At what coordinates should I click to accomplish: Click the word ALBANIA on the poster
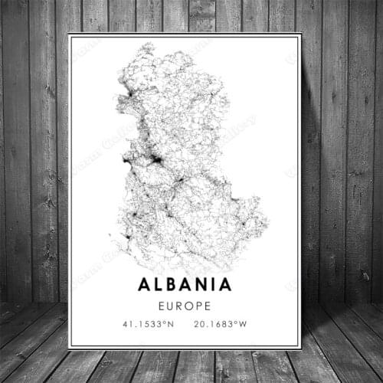(x=185, y=284)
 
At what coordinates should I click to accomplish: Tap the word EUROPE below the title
(x=185, y=304)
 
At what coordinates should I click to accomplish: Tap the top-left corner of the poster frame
(x=68, y=33)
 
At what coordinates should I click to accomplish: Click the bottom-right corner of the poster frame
(x=301, y=349)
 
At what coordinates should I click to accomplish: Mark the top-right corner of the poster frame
(x=301, y=33)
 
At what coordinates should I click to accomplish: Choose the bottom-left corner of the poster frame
(x=68, y=349)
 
